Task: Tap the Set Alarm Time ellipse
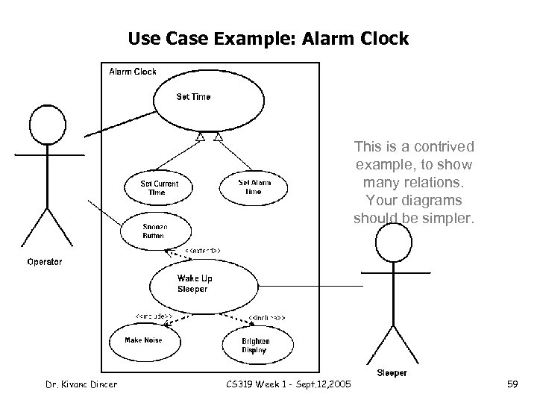254,187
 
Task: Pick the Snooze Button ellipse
156,231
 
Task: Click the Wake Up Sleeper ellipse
198,284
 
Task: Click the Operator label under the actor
45,262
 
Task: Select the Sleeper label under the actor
392,372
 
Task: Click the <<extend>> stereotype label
202,250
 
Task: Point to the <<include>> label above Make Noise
154,316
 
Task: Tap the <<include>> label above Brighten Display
266,318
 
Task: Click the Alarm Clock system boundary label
133,72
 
